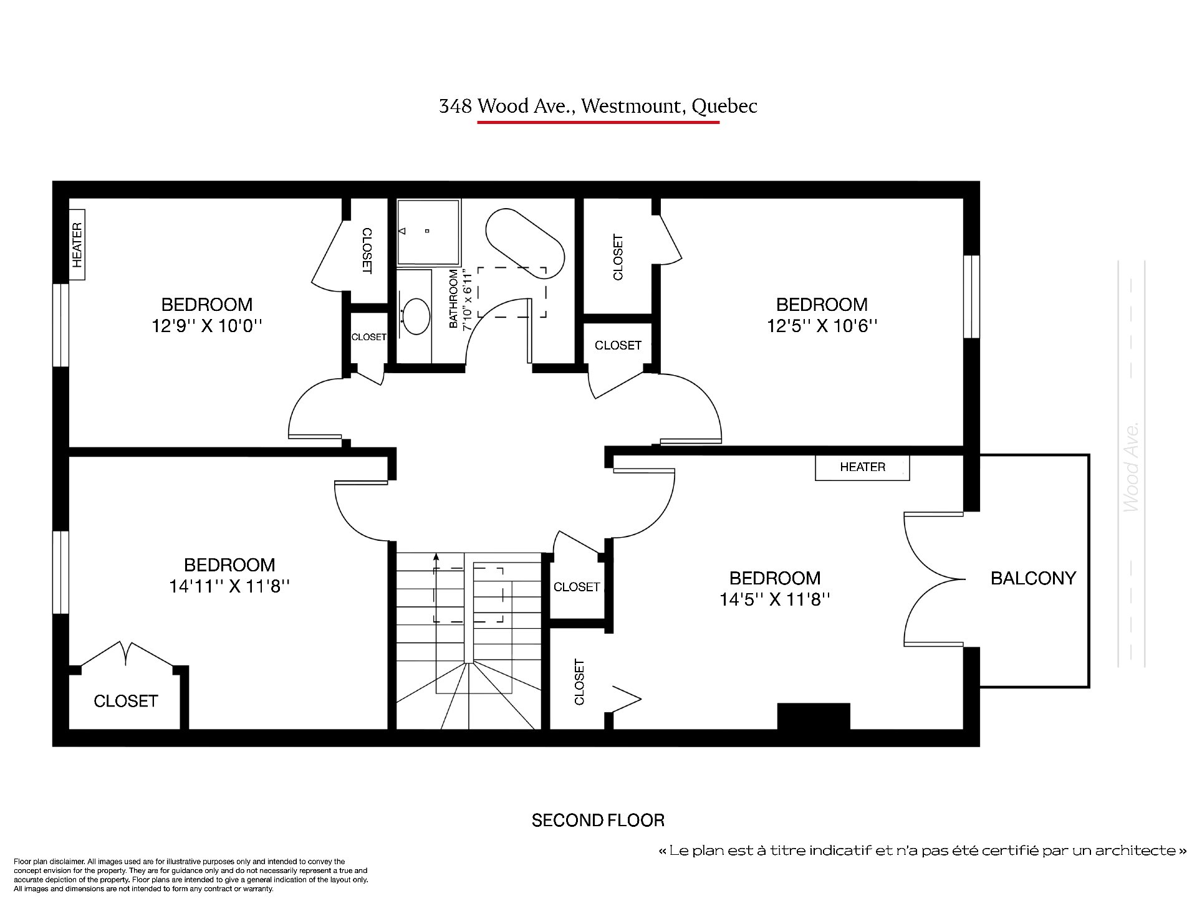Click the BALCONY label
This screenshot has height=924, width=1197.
1033,578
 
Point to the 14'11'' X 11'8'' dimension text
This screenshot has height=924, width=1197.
229,586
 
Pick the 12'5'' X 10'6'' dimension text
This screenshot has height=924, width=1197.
822,325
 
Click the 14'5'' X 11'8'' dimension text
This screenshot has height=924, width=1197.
775,599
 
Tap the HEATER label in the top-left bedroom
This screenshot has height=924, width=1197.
77,245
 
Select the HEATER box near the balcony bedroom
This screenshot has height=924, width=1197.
862,467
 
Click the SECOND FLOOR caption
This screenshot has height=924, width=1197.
598,820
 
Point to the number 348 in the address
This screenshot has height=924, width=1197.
454,107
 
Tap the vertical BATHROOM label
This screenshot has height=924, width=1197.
453,299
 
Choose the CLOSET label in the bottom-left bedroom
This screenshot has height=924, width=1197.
125,701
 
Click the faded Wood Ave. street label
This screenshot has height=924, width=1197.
1131,467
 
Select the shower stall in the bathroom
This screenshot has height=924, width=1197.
428,232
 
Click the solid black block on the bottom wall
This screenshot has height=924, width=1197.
814,716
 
